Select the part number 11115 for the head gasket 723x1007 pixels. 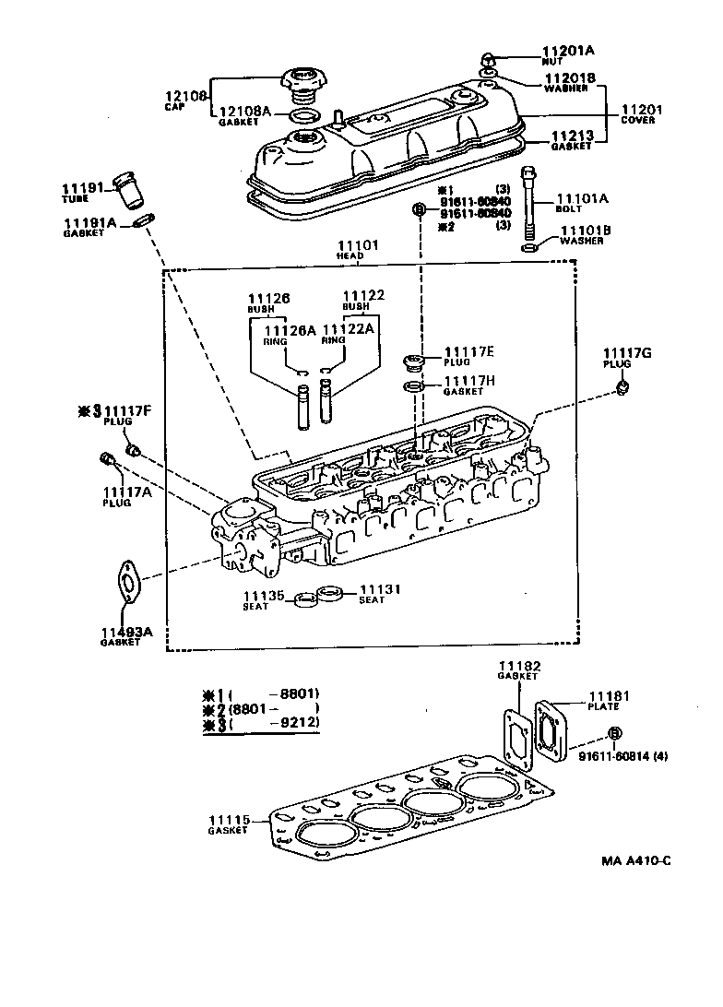tap(227, 819)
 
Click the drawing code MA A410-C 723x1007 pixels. tap(636, 860)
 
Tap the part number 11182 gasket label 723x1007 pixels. tap(519, 665)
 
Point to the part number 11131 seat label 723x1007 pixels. tap(377, 589)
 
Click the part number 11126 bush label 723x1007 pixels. tap(269, 298)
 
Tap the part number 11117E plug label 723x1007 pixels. tap(469, 351)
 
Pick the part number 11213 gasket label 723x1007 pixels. tap(571, 136)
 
